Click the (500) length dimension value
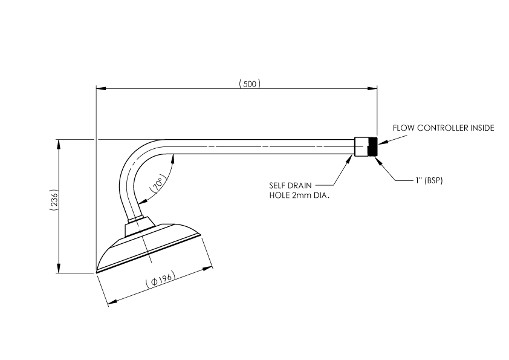[x=250, y=84]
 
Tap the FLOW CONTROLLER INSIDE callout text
[x=443, y=128]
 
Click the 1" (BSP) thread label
[x=429, y=180]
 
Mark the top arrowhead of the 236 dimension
[x=59, y=143]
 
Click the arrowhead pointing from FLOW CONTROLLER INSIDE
[x=380, y=143]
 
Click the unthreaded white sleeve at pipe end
[x=360, y=147]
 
